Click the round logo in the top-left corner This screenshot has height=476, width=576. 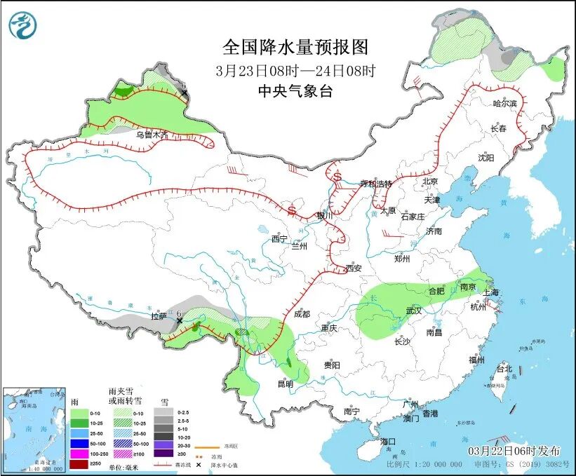(23, 25)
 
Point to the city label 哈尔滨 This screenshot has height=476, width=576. (504, 103)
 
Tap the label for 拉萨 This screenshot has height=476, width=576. (159, 316)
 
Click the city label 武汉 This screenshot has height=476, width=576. (413, 311)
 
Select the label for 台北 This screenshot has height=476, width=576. (504, 368)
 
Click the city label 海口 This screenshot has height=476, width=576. (389, 442)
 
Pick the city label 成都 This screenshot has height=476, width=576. (302, 314)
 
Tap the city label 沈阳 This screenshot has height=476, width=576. (486, 158)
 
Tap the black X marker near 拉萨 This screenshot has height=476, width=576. (180, 321)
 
